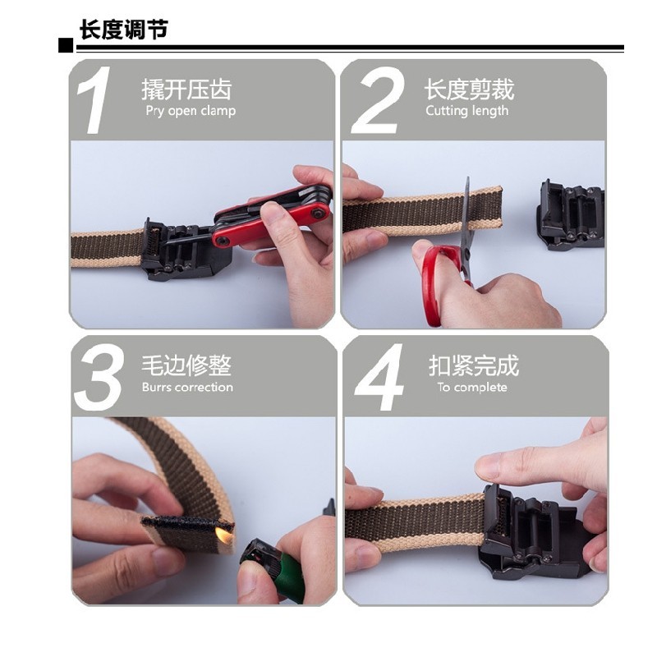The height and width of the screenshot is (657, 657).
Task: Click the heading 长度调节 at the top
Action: [x=124, y=30]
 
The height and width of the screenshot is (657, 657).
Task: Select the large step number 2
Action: [x=377, y=100]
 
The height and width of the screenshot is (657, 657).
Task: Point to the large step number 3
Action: [x=99, y=377]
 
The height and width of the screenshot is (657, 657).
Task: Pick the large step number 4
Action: [x=379, y=377]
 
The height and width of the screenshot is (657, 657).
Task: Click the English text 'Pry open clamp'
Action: [x=191, y=111]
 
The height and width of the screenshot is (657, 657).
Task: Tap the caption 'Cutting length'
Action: [x=467, y=111]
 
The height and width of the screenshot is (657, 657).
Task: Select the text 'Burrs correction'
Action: [x=187, y=387]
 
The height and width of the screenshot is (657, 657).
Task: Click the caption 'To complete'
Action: [x=472, y=387]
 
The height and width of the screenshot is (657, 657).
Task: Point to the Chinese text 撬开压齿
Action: [x=186, y=90]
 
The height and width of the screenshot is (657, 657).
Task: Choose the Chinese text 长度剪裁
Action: [x=469, y=90]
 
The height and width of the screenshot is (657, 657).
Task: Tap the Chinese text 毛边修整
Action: [x=186, y=365]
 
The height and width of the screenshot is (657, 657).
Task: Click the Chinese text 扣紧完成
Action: [x=474, y=365]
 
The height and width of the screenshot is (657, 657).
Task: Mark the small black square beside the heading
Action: [x=66, y=45]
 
